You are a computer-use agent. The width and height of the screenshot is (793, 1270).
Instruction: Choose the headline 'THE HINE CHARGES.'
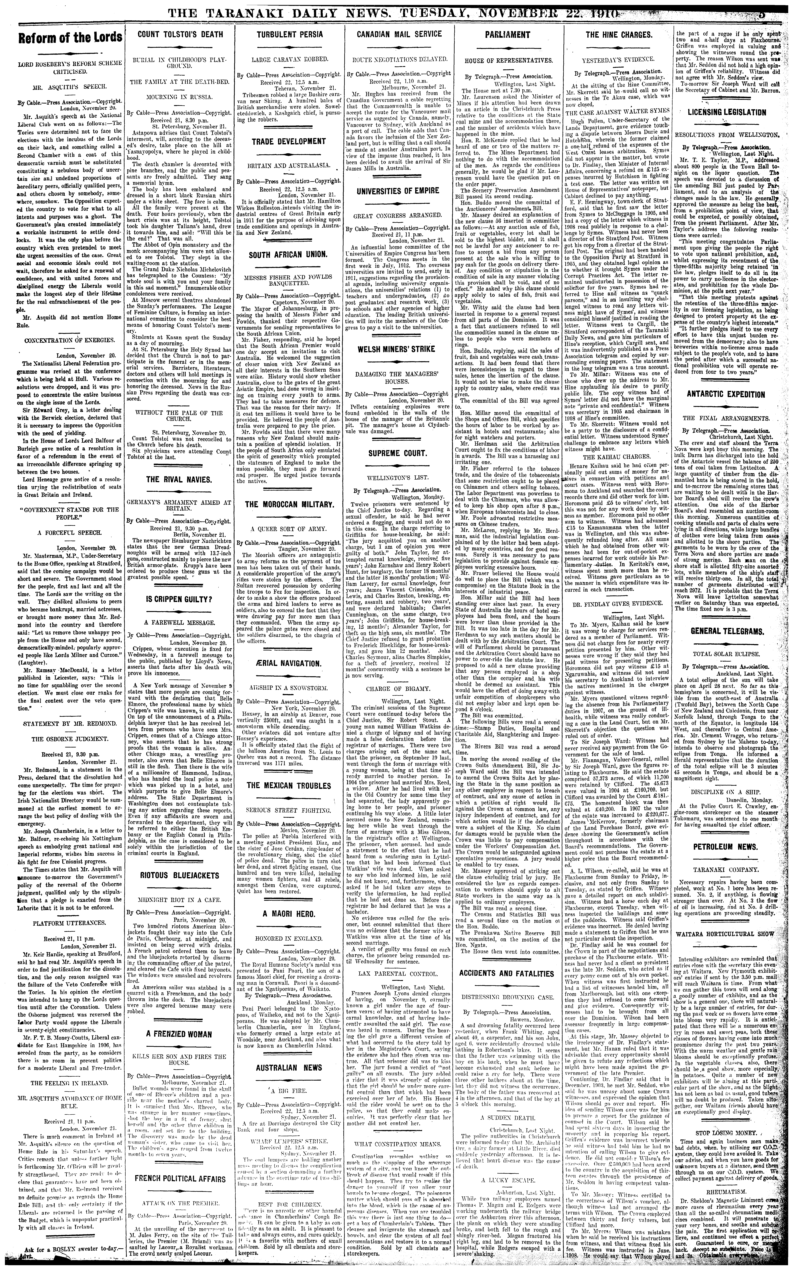click(x=619, y=35)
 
